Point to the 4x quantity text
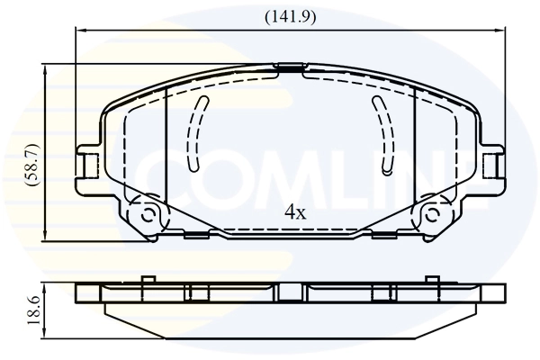point(295,212)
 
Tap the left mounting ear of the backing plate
point(87,165)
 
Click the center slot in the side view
point(292,292)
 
